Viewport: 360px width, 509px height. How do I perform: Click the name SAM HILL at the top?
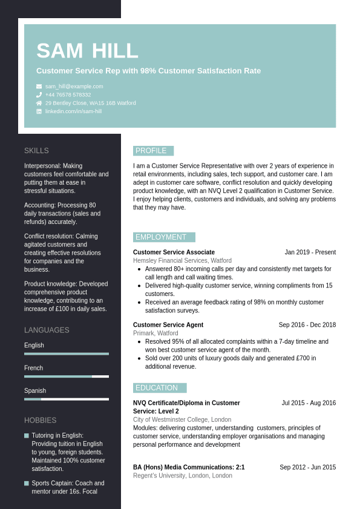(x=87, y=51)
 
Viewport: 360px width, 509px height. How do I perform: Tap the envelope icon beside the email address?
(x=39, y=87)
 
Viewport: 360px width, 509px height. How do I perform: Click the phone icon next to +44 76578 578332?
(x=39, y=94)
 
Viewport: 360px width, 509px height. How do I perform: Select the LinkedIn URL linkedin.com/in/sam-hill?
(x=73, y=111)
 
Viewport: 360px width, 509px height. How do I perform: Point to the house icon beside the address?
(x=39, y=103)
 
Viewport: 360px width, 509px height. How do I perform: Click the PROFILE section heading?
(x=151, y=151)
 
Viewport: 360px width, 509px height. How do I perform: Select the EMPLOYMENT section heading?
(x=161, y=237)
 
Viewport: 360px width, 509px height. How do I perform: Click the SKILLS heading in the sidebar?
(x=36, y=151)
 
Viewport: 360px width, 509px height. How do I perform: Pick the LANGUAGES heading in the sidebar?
(x=47, y=330)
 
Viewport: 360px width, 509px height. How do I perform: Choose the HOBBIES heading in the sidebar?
(x=40, y=421)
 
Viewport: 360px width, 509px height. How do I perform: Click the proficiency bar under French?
(x=67, y=376)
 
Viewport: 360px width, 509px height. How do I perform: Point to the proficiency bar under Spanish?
(x=67, y=399)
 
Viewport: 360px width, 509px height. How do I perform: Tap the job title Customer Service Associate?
(x=174, y=252)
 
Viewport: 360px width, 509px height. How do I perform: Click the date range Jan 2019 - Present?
(x=310, y=252)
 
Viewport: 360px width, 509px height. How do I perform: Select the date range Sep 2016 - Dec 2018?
(x=307, y=325)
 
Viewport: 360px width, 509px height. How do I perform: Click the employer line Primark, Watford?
(x=155, y=333)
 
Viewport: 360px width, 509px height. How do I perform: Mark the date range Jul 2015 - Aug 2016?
(x=309, y=403)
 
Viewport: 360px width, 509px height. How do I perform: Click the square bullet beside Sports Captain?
(x=27, y=483)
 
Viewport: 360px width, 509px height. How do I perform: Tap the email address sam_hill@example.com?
(x=74, y=87)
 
